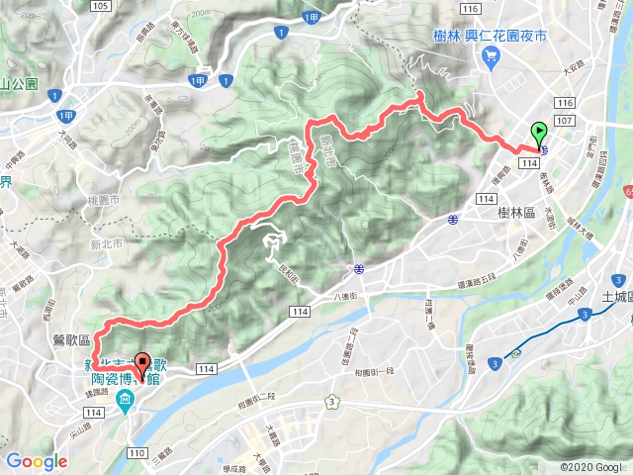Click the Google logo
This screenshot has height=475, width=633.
[x=37, y=461]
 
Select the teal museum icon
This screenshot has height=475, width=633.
[x=125, y=400]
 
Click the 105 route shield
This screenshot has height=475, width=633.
[x=98, y=6]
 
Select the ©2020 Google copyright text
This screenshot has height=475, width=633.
[x=590, y=467]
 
